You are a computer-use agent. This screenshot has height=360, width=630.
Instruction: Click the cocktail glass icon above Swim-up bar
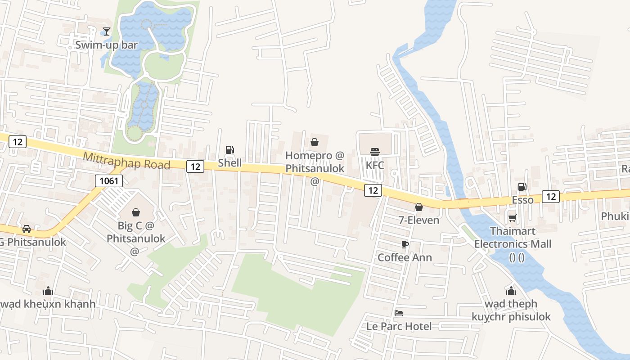point(106,31)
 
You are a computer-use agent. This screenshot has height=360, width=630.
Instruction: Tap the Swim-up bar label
point(106,45)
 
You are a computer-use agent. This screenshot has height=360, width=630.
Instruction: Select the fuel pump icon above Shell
point(229,150)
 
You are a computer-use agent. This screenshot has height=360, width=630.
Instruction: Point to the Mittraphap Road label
point(126,161)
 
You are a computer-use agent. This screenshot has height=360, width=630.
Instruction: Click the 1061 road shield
point(109,181)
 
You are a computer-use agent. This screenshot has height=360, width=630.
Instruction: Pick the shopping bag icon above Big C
point(136,212)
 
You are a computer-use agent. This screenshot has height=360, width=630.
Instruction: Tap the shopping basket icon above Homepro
point(315,142)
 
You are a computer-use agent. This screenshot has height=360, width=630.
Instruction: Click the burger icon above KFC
point(375,152)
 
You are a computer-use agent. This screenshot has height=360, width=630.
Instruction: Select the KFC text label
point(375,165)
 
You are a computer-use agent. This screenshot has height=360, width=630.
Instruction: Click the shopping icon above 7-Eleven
point(419,207)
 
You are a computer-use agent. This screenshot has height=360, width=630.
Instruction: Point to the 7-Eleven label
point(419,220)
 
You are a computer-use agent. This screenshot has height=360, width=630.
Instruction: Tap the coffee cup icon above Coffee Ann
point(405,244)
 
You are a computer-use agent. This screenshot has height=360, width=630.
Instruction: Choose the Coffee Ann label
point(405,257)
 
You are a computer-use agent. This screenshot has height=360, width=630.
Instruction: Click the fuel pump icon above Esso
point(522,187)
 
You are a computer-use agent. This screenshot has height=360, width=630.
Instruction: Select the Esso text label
point(522,200)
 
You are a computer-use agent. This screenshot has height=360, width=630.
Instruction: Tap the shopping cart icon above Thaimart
point(512,218)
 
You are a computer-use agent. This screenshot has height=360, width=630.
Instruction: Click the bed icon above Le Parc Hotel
point(399,313)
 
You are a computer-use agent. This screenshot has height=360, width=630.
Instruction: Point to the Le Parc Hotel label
point(399,326)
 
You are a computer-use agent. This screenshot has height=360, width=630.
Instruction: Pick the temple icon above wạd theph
point(511,291)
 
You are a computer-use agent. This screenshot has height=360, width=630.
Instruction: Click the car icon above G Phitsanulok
point(27,229)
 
